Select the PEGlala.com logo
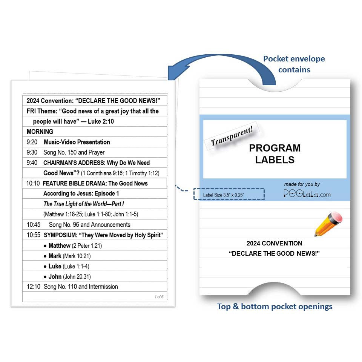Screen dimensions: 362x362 pyautogui.click(x=307, y=193)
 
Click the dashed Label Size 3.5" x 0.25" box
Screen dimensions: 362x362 pyautogui.click(x=229, y=194)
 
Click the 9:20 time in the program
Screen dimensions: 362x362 pyautogui.click(x=32, y=142)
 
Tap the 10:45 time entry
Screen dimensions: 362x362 pyautogui.click(x=33, y=225)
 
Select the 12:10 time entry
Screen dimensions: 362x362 pyautogui.click(x=33, y=287)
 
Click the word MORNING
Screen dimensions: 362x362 pyautogui.click(x=40, y=132)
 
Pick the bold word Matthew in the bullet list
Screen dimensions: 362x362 pyautogui.click(x=59, y=245)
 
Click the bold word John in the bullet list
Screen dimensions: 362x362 pyautogui.click(x=55, y=276)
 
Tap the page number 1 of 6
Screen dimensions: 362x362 pyautogui.click(x=159, y=297)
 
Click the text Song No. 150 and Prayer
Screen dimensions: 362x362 pyautogui.click(x=74, y=152)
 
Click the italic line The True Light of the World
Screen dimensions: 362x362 pyautogui.click(x=84, y=204)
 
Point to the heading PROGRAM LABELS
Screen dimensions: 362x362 pyautogui.click(x=275, y=153)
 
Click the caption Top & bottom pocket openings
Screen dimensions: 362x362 pyautogui.click(x=275, y=306)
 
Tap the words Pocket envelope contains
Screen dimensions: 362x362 pyautogui.click(x=293, y=64)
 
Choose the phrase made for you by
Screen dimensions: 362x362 pyautogui.click(x=302, y=184)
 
